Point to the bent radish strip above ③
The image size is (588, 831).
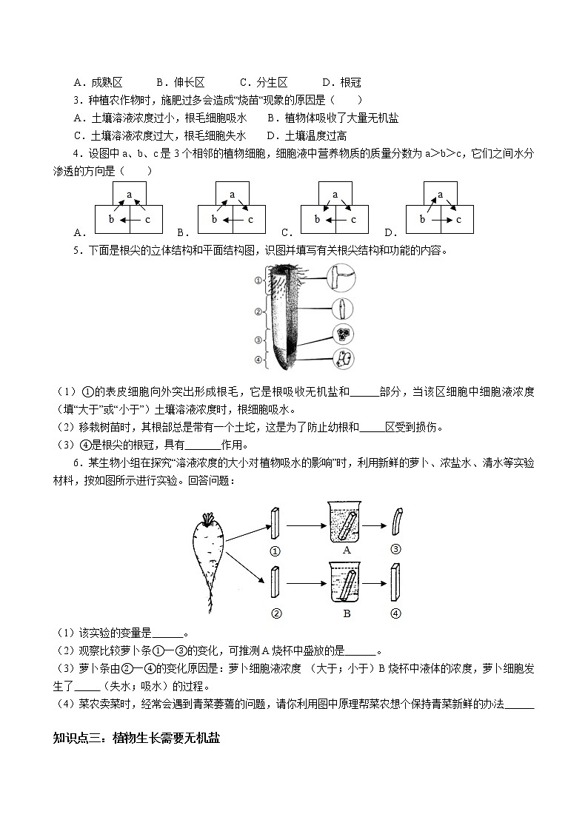click(397, 523)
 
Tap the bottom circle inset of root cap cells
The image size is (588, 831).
click(344, 360)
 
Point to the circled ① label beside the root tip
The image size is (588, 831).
click(257, 280)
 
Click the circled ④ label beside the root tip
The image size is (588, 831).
click(257, 360)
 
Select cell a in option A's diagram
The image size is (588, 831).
click(129, 195)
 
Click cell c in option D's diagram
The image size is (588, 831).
click(458, 220)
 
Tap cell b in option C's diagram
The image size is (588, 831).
click(317, 220)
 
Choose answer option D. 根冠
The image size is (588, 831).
click(341, 83)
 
